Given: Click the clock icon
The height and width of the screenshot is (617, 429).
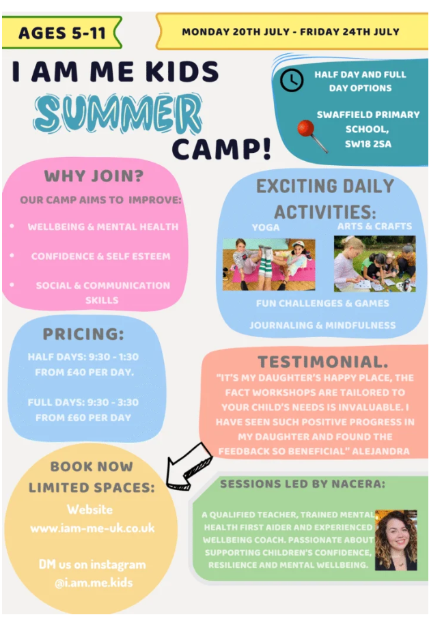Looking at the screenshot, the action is point(292,80).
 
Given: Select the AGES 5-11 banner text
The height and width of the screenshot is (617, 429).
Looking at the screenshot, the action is point(62,33).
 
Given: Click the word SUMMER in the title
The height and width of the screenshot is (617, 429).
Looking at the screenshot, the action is point(118,115).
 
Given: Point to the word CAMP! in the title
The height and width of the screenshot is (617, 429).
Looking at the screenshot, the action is point(222,149).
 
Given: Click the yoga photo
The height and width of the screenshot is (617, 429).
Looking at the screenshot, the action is point(268,264).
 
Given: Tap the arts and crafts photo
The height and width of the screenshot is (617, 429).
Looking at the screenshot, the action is point(374,263).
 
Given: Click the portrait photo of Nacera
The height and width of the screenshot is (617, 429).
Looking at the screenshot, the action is point(396,540).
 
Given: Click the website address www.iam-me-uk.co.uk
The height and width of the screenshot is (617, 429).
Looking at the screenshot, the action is point(93,528).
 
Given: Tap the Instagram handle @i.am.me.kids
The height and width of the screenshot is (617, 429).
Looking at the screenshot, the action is point(94,582).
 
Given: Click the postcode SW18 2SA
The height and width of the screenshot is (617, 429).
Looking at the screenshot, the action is point(368,144).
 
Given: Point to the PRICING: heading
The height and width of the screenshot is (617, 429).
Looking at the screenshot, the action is point(83,334).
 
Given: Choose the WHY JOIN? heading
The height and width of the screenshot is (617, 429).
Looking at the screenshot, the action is point(94,176).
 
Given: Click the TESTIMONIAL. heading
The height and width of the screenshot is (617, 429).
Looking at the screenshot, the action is point(323,362).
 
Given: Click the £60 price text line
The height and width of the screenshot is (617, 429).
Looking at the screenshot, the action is point(83,418).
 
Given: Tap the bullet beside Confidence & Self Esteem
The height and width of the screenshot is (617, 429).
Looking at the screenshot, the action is point(12,255).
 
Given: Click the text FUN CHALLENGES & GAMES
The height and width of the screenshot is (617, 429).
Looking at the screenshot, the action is point(322,304).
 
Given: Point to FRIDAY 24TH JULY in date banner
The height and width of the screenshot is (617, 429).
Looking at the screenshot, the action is point(350,32).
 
